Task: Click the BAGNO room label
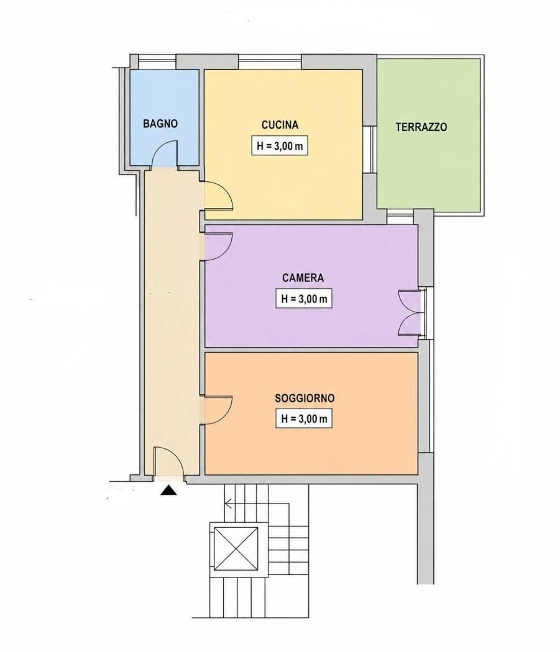coord(160,124)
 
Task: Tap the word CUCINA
coord(280,125)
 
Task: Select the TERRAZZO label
coord(421,127)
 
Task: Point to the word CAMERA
coord(303,278)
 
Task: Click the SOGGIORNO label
coord(305,398)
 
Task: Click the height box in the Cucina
coord(279,146)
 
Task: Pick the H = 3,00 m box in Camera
coord(304,299)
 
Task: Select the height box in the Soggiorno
coord(304,419)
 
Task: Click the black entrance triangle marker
coord(168,491)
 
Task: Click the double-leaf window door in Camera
coord(411,313)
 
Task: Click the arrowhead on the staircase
coord(228,504)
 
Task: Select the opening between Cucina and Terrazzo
coord(370,149)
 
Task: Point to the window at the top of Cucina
coord(270,62)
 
